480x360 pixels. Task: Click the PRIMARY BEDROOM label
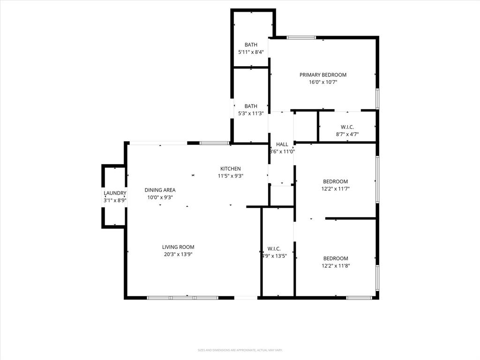tap(323, 75)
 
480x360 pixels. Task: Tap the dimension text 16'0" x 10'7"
tap(323, 82)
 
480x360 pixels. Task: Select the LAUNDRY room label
tap(115, 193)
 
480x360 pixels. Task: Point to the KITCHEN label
tap(231, 169)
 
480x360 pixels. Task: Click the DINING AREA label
tap(160, 190)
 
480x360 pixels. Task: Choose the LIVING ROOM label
tap(178, 247)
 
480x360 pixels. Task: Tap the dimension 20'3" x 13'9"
tap(178, 255)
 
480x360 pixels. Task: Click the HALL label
tap(282, 144)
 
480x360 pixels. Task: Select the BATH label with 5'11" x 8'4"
tap(251, 45)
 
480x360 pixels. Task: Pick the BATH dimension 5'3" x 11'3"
tap(251, 113)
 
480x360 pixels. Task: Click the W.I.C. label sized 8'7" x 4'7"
tap(347, 127)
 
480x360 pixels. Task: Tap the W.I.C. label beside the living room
tap(274, 248)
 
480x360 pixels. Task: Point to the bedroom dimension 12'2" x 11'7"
tap(336, 189)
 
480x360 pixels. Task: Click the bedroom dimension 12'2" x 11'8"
tap(336, 266)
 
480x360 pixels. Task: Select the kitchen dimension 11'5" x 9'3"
tap(231, 176)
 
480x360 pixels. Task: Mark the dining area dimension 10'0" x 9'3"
tap(160, 197)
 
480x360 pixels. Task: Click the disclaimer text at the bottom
tap(240, 350)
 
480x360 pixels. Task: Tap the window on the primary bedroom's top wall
tap(301, 37)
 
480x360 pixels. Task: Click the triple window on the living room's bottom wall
tap(182, 297)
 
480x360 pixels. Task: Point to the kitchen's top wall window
tap(214, 143)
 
